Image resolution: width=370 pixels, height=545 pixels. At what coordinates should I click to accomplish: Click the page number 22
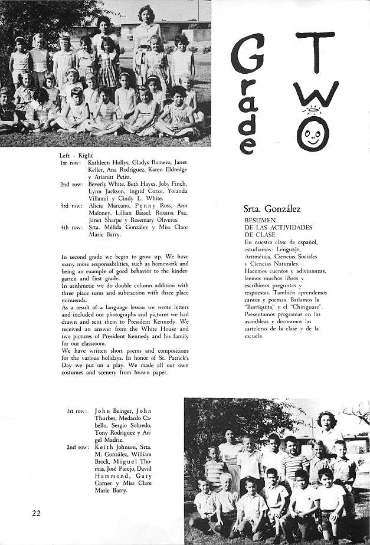(x=37, y=513)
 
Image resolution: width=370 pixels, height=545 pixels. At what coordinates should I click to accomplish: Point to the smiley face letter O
(x=313, y=132)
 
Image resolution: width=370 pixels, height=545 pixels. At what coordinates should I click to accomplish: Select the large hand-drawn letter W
(x=317, y=92)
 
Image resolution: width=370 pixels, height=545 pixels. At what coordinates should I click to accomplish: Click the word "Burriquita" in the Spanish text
(x=261, y=307)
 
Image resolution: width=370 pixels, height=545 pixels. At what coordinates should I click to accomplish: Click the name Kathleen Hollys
(x=108, y=162)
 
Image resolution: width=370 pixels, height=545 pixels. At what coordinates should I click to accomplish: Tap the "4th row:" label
(x=71, y=226)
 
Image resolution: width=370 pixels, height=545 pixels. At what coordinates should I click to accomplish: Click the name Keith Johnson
(x=112, y=446)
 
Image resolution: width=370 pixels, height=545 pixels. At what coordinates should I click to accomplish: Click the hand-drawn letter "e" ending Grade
(x=248, y=144)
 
